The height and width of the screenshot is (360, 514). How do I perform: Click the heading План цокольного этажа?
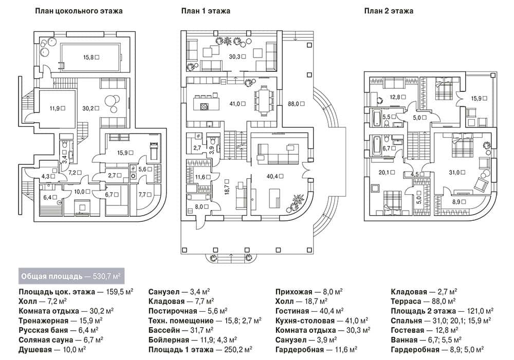point(79,11)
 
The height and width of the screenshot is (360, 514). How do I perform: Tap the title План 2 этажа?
point(389,11)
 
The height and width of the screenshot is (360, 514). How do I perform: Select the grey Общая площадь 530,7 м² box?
point(71,276)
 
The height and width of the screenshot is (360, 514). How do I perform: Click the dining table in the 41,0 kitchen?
point(264,101)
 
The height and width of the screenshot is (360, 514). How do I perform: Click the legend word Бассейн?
point(163,330)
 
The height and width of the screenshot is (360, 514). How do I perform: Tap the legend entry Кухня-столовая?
point(305,320)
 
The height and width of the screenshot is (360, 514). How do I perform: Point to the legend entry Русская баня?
point(43,330)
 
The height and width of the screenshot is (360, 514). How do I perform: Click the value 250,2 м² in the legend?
point(238,350)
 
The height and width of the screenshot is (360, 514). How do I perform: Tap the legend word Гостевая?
point(408,330)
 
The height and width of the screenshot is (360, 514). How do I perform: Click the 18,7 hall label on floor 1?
point(227,187)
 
